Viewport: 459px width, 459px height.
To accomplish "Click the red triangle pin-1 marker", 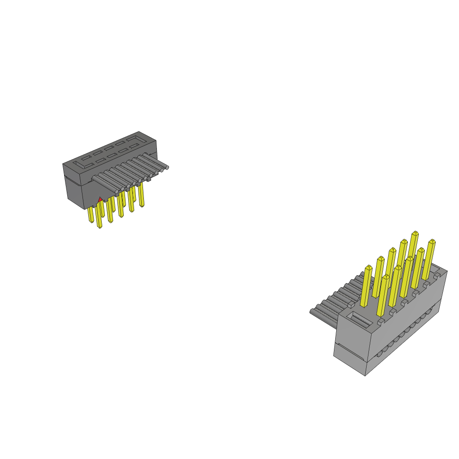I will coord(100,199).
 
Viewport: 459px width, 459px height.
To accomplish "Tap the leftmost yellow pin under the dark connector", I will coord(91,215).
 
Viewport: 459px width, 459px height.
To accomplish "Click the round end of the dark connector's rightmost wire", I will coord(167,167).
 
